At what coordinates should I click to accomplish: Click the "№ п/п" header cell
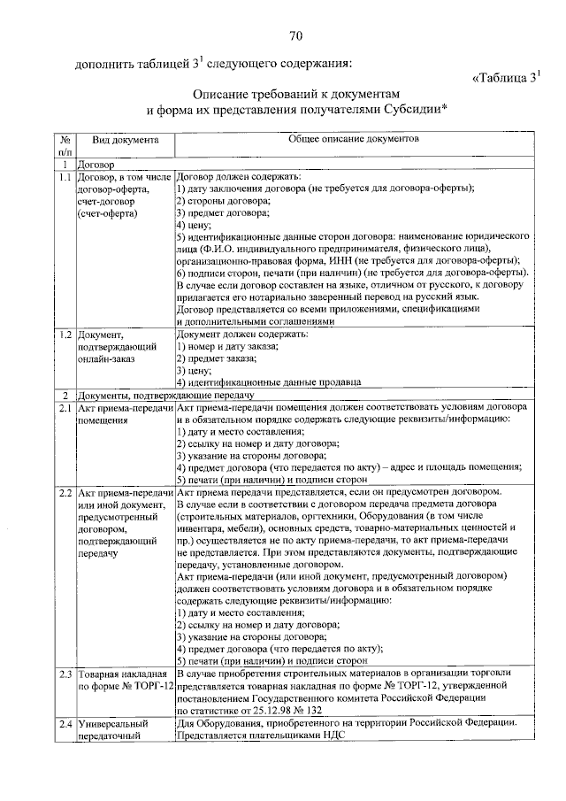coord(65,146)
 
